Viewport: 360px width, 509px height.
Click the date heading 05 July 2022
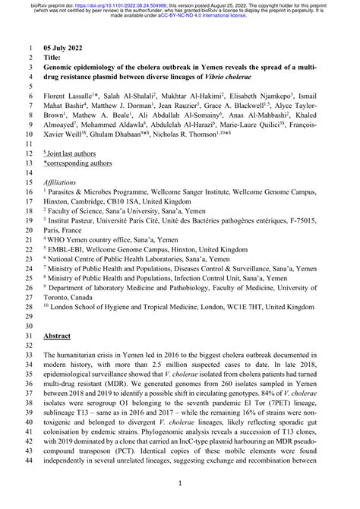pos(68,46)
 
